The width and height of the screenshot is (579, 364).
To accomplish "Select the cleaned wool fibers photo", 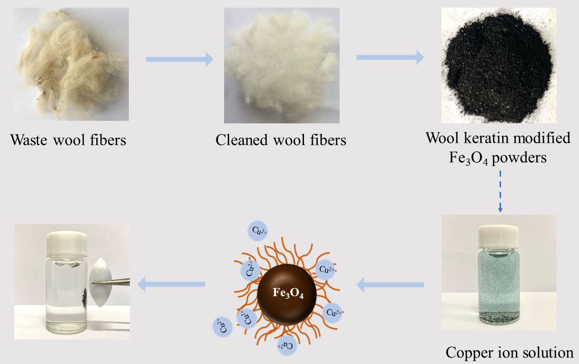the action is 282,65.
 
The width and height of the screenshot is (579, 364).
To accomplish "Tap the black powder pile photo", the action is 497,65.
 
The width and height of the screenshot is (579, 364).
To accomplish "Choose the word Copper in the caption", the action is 466,352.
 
